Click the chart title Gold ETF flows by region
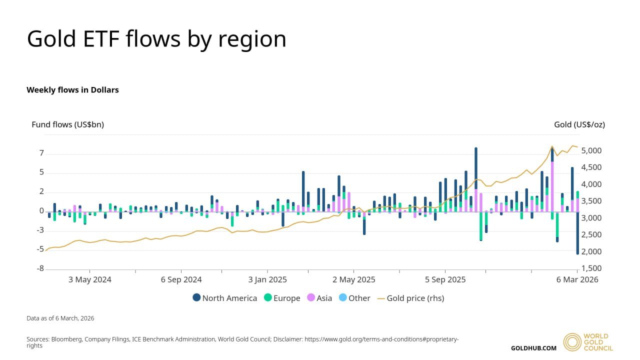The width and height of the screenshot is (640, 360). (156, 39)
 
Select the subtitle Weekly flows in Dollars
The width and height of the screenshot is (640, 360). (72, 90)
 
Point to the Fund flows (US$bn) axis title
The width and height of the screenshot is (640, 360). (67, 124)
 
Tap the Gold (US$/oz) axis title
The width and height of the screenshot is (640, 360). (579, 124)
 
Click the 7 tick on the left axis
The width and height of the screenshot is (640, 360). (41, 153)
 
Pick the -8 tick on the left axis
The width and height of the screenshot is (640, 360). (40, 269)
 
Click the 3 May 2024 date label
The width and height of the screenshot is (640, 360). (89, 279)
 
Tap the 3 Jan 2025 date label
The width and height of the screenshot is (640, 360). (267, 279)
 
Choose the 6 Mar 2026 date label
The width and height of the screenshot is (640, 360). (577, 279)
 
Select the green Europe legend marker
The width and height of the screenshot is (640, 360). (267, 298)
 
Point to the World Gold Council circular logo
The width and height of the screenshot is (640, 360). (572, 342)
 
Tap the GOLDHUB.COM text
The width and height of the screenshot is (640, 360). (533, 348)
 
